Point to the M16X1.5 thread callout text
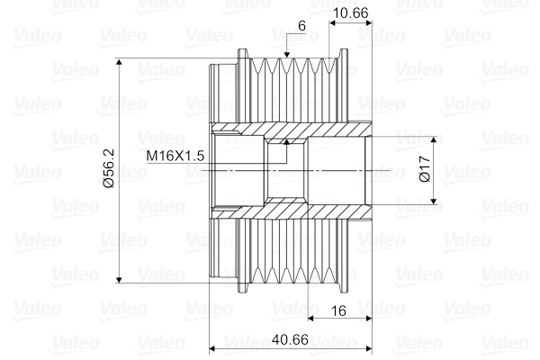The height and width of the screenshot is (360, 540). [176, 156]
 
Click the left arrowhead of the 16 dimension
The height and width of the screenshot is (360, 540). [310, 319]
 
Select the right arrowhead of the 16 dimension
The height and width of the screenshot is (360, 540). [368, 319]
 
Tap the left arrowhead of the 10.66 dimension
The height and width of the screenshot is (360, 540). [332, 21]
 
